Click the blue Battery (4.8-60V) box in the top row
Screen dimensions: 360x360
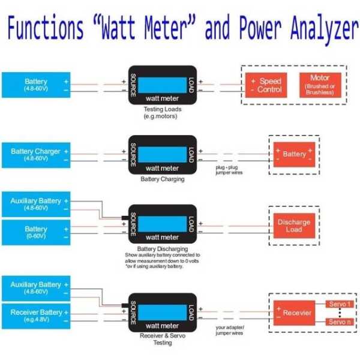(36, 85)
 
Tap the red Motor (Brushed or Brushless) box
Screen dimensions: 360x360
(320, 85)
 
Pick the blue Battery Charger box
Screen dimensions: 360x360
(36, 155)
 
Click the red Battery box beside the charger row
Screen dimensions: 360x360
(294, 154)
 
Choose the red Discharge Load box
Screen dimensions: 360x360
(293, 226)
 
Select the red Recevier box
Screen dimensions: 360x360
(296, 313)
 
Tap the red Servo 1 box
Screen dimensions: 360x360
(340, 305)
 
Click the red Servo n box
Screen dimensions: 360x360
(340, 322)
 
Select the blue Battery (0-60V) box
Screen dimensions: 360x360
(36, 232)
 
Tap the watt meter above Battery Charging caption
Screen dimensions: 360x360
(162, 156)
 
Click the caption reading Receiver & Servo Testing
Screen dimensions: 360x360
(162, 340)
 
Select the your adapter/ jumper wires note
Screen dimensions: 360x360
(230, 330)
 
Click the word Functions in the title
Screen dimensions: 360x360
(45, 28)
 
